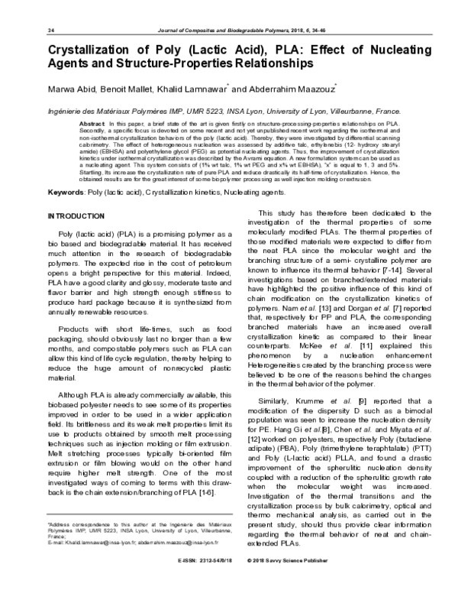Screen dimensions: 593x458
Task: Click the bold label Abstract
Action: [x=92, y=122]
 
